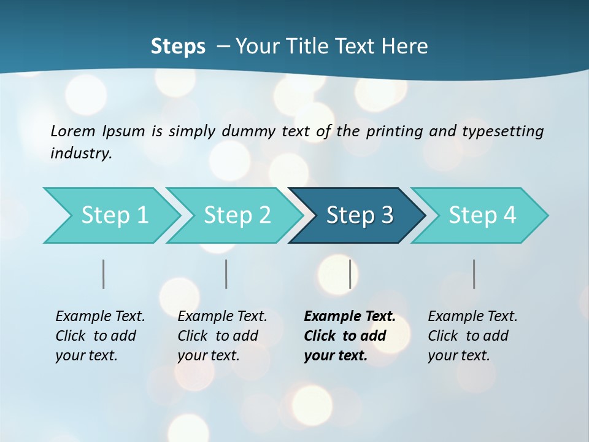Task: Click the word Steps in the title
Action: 178,47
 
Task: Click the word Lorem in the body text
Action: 72,131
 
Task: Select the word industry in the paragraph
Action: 80,153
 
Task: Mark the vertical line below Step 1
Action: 104,274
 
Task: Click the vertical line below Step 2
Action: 226,274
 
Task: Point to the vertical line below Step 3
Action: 350,274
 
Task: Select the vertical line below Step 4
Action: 474,274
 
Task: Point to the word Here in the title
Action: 407,47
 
